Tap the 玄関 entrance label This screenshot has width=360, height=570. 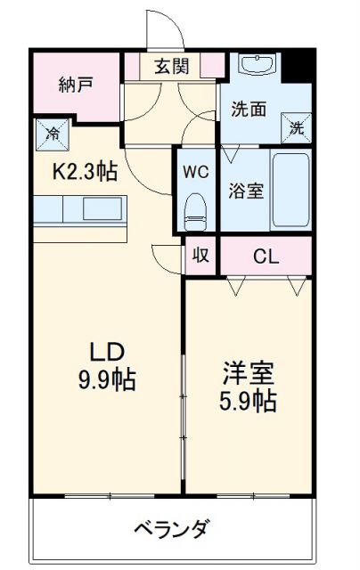[169, 66]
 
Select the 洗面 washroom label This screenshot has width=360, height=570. [250, 110]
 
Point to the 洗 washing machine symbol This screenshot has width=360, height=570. [296, 126]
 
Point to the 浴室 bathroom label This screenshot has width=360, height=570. [244, 191]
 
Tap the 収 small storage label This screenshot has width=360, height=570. [201, 256]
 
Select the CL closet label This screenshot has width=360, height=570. [266, 257]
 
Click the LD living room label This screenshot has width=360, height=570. [104, 349]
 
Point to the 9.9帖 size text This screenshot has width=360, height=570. [105, 380]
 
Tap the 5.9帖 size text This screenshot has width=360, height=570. [246, 400]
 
